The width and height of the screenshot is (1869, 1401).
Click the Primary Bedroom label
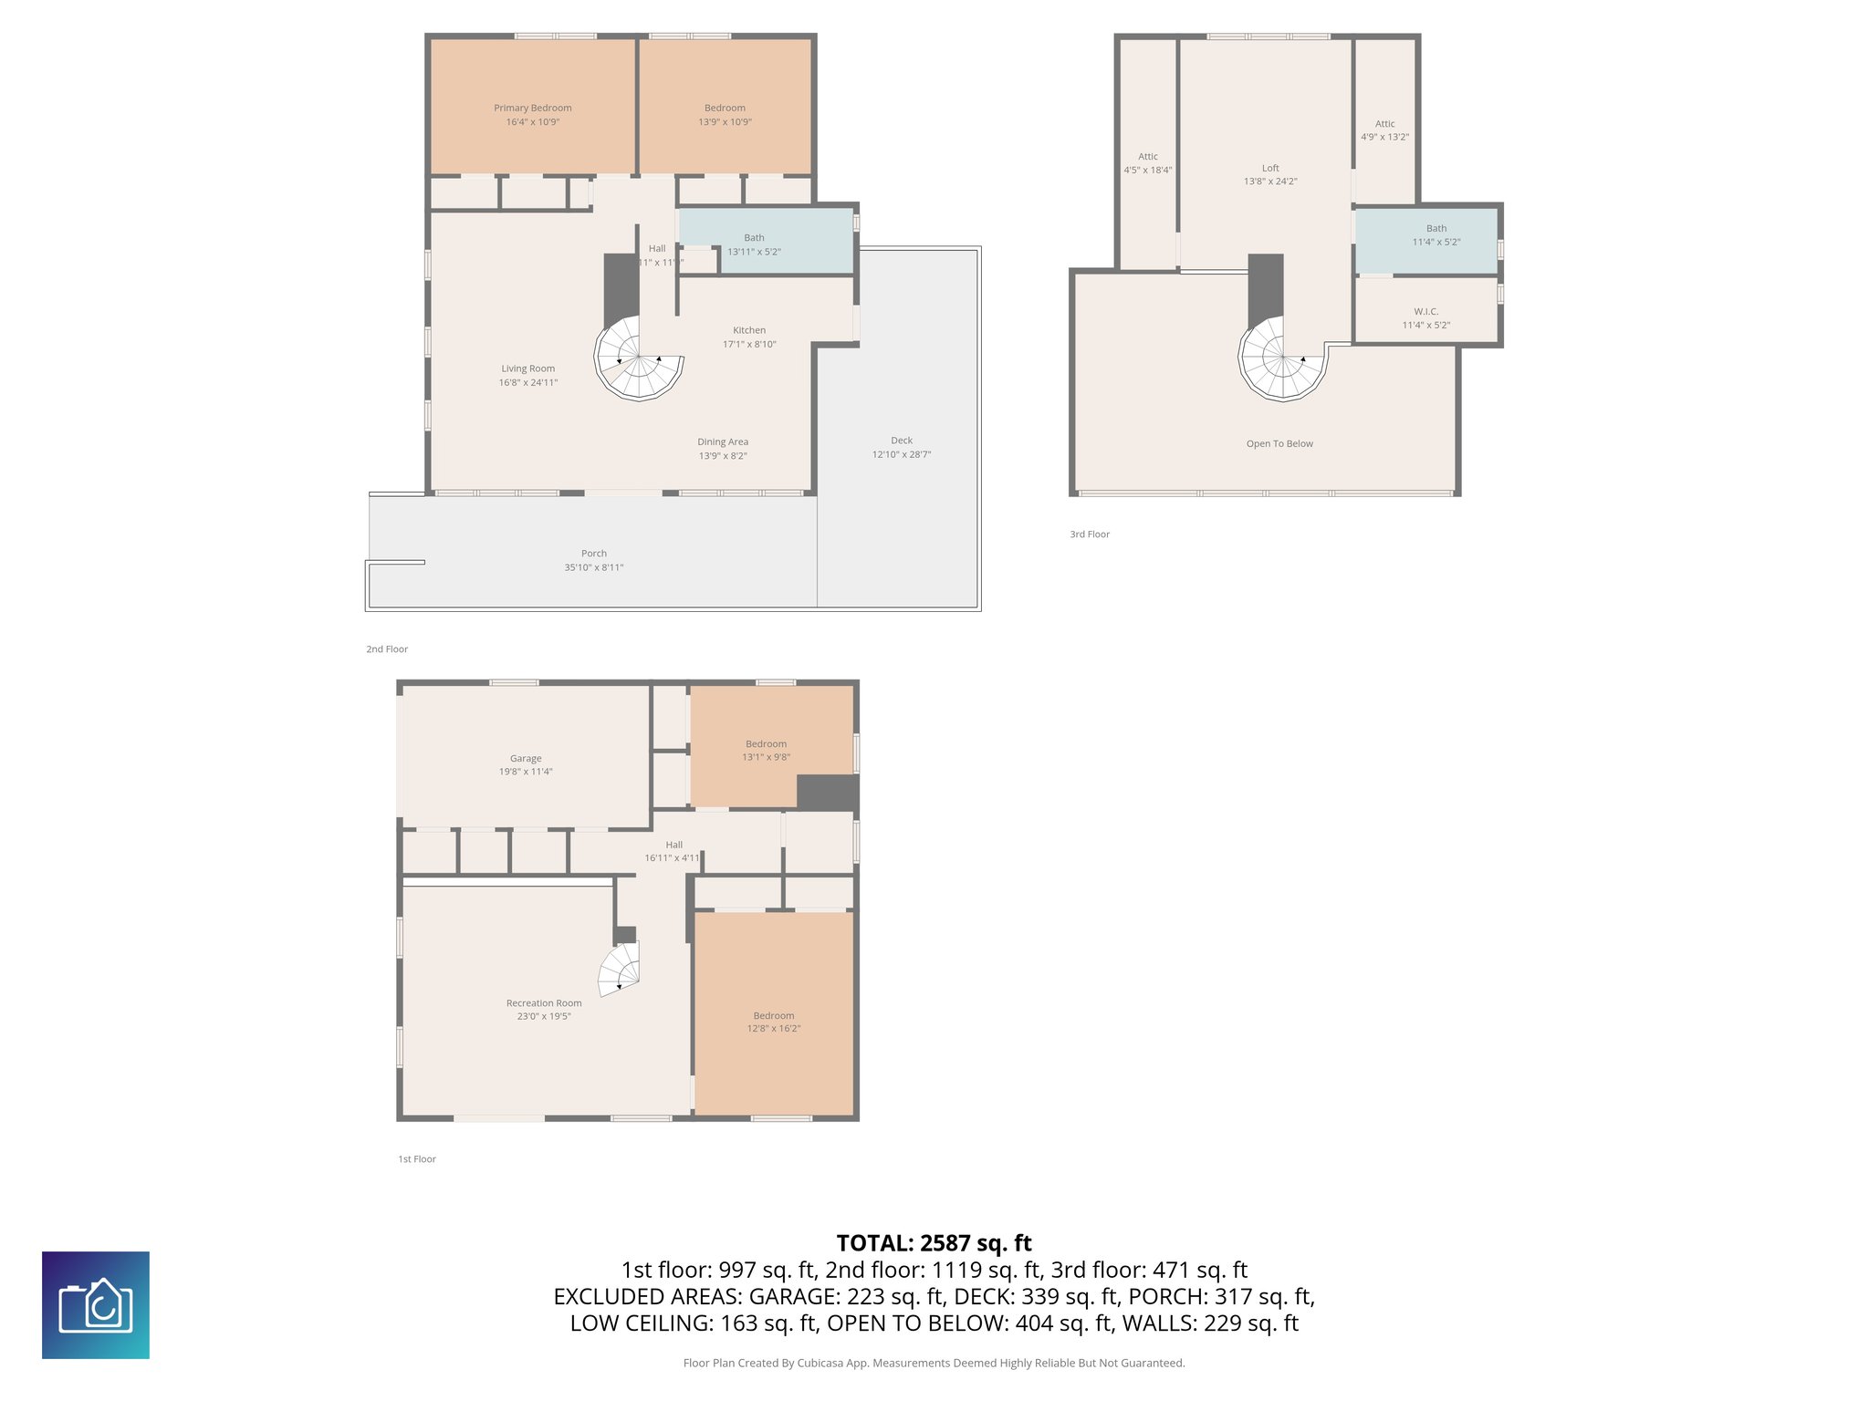pos(532,108)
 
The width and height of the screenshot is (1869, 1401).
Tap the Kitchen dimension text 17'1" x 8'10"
pos(749,344)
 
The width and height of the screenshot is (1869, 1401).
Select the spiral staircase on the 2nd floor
pos(639,358)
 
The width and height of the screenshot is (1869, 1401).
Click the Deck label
pos(902,441)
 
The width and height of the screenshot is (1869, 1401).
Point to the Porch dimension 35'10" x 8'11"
pos(593,567)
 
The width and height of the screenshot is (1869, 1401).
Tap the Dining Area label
pos(723,441)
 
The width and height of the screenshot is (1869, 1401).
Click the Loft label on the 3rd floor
pos(1270,168)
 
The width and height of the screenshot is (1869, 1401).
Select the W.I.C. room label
pos(1425,312)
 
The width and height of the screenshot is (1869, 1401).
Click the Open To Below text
pos(1279,444)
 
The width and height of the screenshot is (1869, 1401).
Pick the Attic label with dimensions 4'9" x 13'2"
pos(1384,124)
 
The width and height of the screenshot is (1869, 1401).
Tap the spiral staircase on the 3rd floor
pos(1282,359)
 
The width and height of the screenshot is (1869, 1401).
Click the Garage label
pos(526,758)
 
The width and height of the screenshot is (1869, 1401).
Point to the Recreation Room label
pos(544,1003)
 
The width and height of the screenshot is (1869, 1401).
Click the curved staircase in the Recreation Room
pos(621,970)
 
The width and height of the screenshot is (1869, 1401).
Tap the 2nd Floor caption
pos(387,649)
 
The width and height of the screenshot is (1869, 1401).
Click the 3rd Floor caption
pos(1090,534)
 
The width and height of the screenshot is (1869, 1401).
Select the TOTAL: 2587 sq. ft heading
pos(934,1243)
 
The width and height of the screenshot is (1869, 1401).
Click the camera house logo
pos(96,1305)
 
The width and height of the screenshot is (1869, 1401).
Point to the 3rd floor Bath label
pos(1436,229)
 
